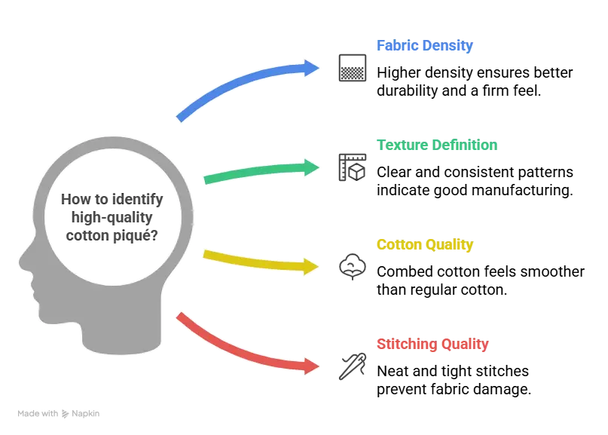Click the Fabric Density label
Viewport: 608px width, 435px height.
click(424, 46)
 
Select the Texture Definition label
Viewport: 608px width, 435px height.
click(437, 145)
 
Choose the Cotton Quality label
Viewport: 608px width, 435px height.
click(424, 245)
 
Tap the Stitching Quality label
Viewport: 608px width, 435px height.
click(432, 345)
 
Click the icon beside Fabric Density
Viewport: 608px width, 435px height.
click(352, 66)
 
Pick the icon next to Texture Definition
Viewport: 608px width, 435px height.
click(352, 167)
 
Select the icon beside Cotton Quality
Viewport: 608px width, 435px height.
click(352, 267)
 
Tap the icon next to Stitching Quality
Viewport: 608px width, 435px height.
click(352, 367)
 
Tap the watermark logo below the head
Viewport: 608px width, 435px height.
click(60, 415)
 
